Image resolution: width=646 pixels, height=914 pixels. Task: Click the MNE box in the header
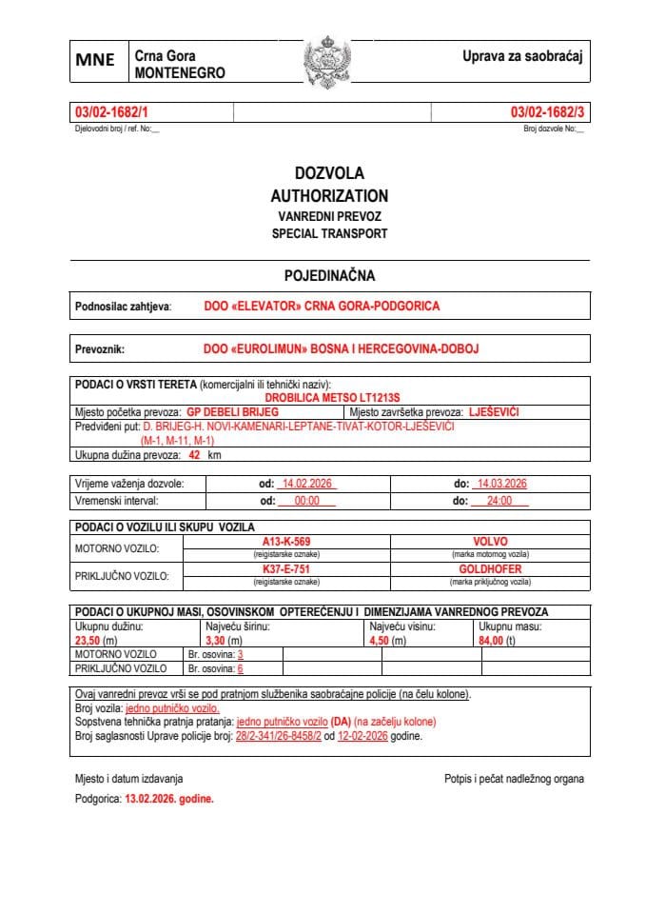tap(95, 60)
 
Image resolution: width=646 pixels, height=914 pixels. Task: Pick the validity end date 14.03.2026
tap(501, 484)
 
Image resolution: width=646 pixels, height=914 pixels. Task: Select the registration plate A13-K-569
tap(286, 541)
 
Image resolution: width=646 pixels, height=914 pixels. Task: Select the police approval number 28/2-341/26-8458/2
tap(279, 737)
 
